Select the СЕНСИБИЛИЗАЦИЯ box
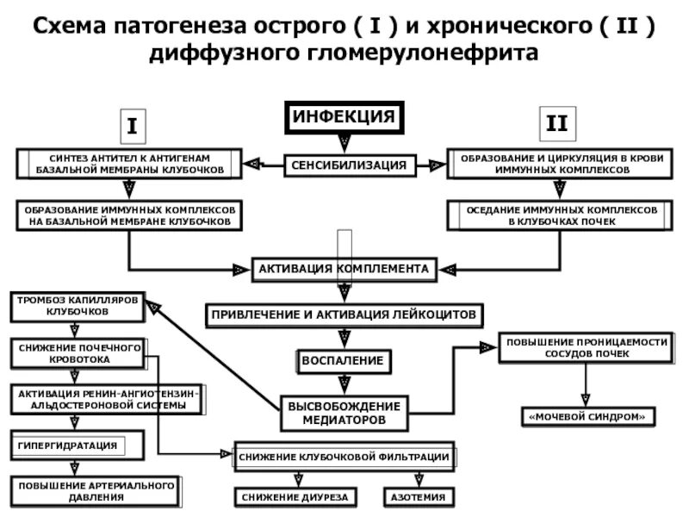point(348,164)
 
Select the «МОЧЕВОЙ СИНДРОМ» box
point(587,417)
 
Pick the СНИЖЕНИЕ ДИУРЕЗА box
point(295,497)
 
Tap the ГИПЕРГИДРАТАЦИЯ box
point(67,445)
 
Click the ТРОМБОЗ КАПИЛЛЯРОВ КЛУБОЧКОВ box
point(77,305)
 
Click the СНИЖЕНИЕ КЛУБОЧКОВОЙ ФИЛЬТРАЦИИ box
point(343,456)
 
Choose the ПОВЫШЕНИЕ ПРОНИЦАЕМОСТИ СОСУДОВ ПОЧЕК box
point(586,348)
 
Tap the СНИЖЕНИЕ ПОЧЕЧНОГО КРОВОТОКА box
point(77,352)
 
